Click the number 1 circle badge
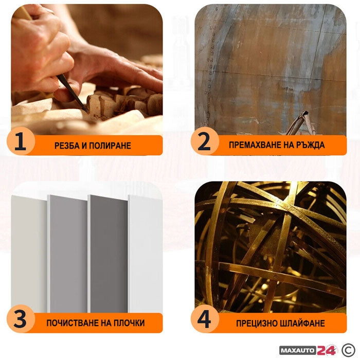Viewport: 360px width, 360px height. (x=21, y=141)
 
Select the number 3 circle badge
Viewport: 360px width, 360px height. (x=21, y=319)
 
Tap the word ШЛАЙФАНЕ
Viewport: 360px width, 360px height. (x=302, y=323)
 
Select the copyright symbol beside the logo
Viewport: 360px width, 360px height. (x=348, y=350)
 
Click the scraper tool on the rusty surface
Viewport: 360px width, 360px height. (x=298, y=123)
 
